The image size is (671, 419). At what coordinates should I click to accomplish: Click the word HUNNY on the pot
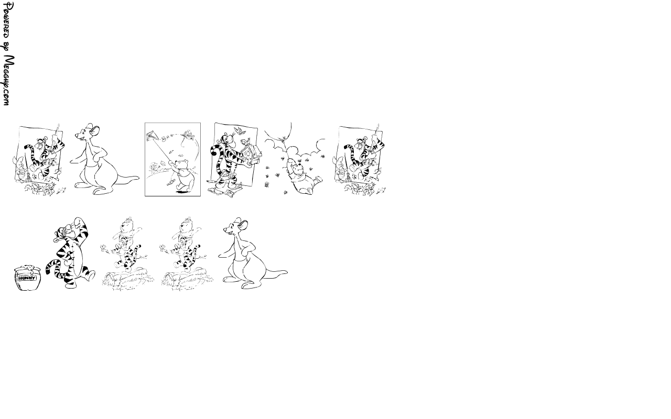point(27,278)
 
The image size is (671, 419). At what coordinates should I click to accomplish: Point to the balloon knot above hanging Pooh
point(283,139)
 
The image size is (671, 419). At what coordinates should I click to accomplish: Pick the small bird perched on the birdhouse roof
point(248,140)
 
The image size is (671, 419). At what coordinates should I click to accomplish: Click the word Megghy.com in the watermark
point(8,80)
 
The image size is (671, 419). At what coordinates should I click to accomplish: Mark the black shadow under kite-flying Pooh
point(182,190)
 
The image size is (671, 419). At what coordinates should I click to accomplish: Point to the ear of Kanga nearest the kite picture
point(95,130)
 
